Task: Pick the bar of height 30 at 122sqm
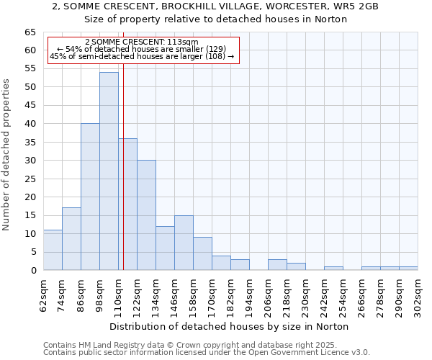point(146,215)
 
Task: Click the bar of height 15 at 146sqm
point(184,243)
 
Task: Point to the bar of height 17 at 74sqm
point(71,239)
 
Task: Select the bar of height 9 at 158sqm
point(202,253)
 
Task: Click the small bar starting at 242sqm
point(333,269)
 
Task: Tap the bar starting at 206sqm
point(277,265)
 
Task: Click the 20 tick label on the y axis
point(30,197)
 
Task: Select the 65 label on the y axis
point(30,32)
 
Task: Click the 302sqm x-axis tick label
point(418,295)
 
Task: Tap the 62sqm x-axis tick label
point(44,295)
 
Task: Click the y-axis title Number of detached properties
point(7,155)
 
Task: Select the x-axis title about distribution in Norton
point(230,326)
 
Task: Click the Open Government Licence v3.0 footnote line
point(207,352)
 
